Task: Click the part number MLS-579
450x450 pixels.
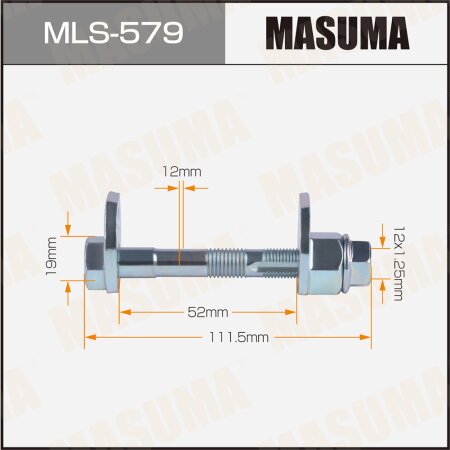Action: click(x=111, y=35)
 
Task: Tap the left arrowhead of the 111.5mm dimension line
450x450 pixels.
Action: click(x=88, y=339)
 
